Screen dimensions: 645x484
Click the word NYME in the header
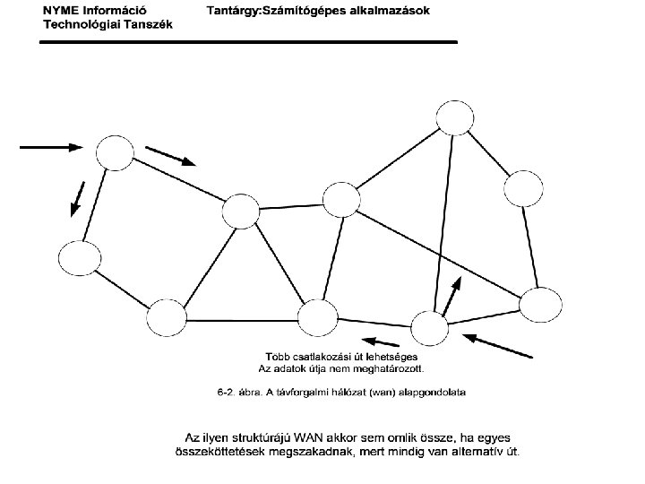coord(63,11)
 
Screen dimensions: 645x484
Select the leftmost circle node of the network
coord(79,258)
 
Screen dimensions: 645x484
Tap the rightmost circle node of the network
coord(540,306)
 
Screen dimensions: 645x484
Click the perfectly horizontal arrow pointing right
coord(52,145)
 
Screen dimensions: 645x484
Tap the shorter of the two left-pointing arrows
coord(381,341)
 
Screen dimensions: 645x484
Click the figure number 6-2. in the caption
coord(229,392)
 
